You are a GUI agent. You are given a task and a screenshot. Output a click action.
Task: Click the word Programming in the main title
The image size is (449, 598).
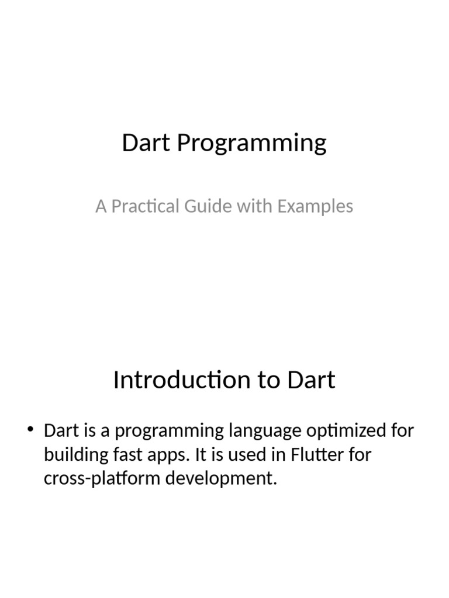(x=251, y=144)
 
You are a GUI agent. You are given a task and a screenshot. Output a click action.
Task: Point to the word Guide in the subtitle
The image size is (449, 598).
(x=203, y=206)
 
